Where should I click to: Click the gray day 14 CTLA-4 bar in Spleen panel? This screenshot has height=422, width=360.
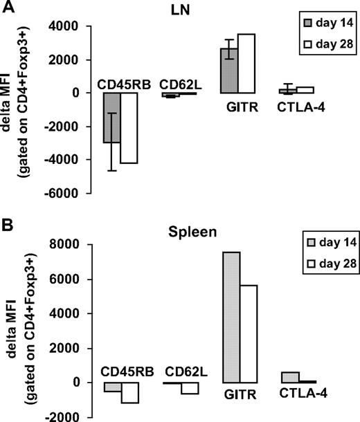point(290,377)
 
